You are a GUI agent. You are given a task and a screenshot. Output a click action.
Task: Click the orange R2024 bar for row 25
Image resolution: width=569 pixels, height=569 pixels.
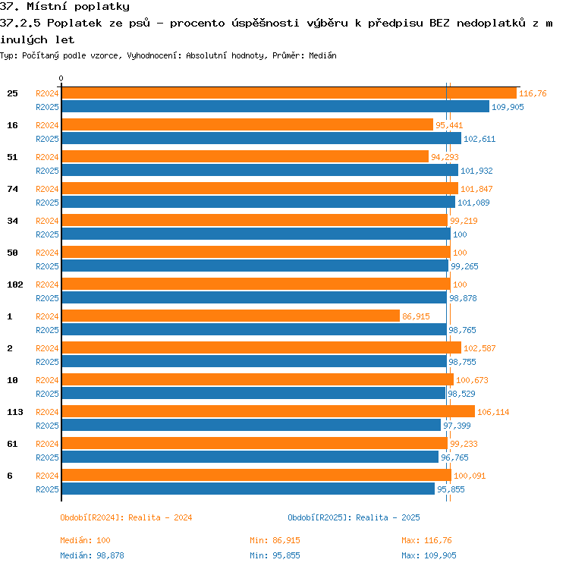(x=289, y=93)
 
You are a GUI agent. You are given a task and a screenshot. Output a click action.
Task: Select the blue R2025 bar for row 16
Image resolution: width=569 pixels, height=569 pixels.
(x=262, y=138)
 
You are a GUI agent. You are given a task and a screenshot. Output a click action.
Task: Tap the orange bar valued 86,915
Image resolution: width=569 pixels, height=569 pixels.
(x=231, y=316)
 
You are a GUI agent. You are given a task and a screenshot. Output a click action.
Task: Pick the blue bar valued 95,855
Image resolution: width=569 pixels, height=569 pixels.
(x=248, y=489)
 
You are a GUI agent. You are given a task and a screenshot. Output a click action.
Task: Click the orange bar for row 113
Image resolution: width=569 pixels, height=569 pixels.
(x=269, y=411)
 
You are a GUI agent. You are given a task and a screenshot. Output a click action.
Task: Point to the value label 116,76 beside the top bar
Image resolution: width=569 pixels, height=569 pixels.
(x=533, y=93)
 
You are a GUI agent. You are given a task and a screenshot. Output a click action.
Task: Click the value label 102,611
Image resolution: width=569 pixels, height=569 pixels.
(x=479, y=139)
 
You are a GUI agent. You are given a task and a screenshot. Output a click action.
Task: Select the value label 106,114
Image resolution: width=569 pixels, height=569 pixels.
(x=493, y=412)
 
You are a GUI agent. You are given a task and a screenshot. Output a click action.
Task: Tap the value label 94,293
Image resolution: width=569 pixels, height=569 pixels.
(x=445, y=157)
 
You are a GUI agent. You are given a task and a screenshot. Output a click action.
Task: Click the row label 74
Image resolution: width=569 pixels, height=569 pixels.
(x=12, y=189)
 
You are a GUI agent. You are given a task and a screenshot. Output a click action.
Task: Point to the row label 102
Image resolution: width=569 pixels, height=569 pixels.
(x=15, y=284)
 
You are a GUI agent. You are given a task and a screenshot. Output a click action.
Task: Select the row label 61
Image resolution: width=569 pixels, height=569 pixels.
(x=12, y=444)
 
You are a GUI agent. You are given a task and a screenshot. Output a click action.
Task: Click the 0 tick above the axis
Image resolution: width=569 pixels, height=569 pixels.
(x=61, y=78)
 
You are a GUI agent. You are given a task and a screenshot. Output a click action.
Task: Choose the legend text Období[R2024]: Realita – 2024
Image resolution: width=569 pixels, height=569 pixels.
(x=126, y=517)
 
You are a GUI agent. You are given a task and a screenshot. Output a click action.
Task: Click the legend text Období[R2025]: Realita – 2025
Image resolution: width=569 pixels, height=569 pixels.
(x=354, y=517)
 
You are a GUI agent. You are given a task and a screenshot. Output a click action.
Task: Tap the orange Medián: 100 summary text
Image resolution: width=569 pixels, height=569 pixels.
(x=85, y=540)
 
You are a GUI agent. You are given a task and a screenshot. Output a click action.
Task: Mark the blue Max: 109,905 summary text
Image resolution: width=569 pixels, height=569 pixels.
(x=429, y=555)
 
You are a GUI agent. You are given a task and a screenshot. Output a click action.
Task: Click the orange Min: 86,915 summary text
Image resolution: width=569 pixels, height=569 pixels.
(x=275, y=540)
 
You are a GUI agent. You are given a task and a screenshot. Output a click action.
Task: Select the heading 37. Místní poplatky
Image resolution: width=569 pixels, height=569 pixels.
(x=64, y=7)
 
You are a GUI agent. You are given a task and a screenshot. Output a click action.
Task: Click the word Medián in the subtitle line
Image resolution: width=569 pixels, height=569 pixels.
(x=322, y=55)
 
